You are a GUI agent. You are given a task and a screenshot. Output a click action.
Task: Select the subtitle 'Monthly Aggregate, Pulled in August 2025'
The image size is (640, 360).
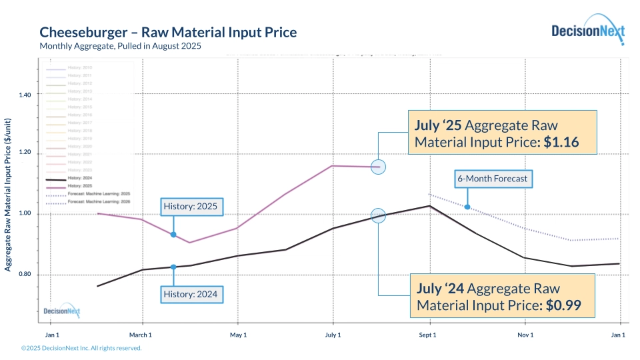click(120, 46)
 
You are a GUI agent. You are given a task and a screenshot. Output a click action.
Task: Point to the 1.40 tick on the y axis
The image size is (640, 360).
click(25, 95)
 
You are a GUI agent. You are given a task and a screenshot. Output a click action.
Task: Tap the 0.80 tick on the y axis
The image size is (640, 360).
click(25, 275)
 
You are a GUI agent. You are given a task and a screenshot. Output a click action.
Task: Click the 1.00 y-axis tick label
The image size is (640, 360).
click(25, 214)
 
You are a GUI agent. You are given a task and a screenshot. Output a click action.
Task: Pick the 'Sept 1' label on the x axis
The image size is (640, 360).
click(427, 335)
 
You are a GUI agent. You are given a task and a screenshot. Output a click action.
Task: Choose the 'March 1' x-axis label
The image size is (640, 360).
click(141, 335)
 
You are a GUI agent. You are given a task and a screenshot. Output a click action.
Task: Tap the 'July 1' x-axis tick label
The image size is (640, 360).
click(333, 335)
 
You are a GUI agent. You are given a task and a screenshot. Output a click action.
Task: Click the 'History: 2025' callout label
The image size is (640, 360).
click(190, 207)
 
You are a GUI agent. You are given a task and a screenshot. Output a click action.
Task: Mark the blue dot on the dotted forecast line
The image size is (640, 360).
click(467, 207)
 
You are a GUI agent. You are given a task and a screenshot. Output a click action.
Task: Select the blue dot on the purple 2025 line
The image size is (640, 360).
click(173, 235)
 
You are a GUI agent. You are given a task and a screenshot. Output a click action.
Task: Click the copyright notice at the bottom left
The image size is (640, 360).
click(81, 348)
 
